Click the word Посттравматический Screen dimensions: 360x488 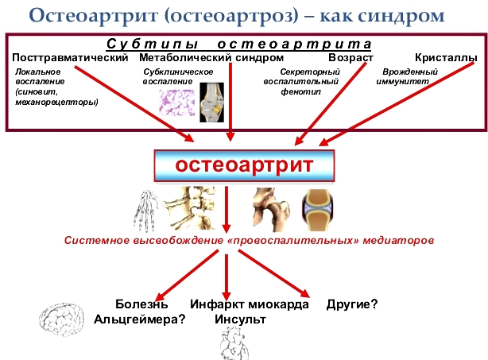(x=71, y=58)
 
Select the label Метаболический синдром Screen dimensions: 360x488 (x=211, y=58)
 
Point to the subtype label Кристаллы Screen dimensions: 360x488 (x=446, y=58)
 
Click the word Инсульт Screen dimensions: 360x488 (x=240, y=319)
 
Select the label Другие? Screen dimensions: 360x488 (x=351, y=304)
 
